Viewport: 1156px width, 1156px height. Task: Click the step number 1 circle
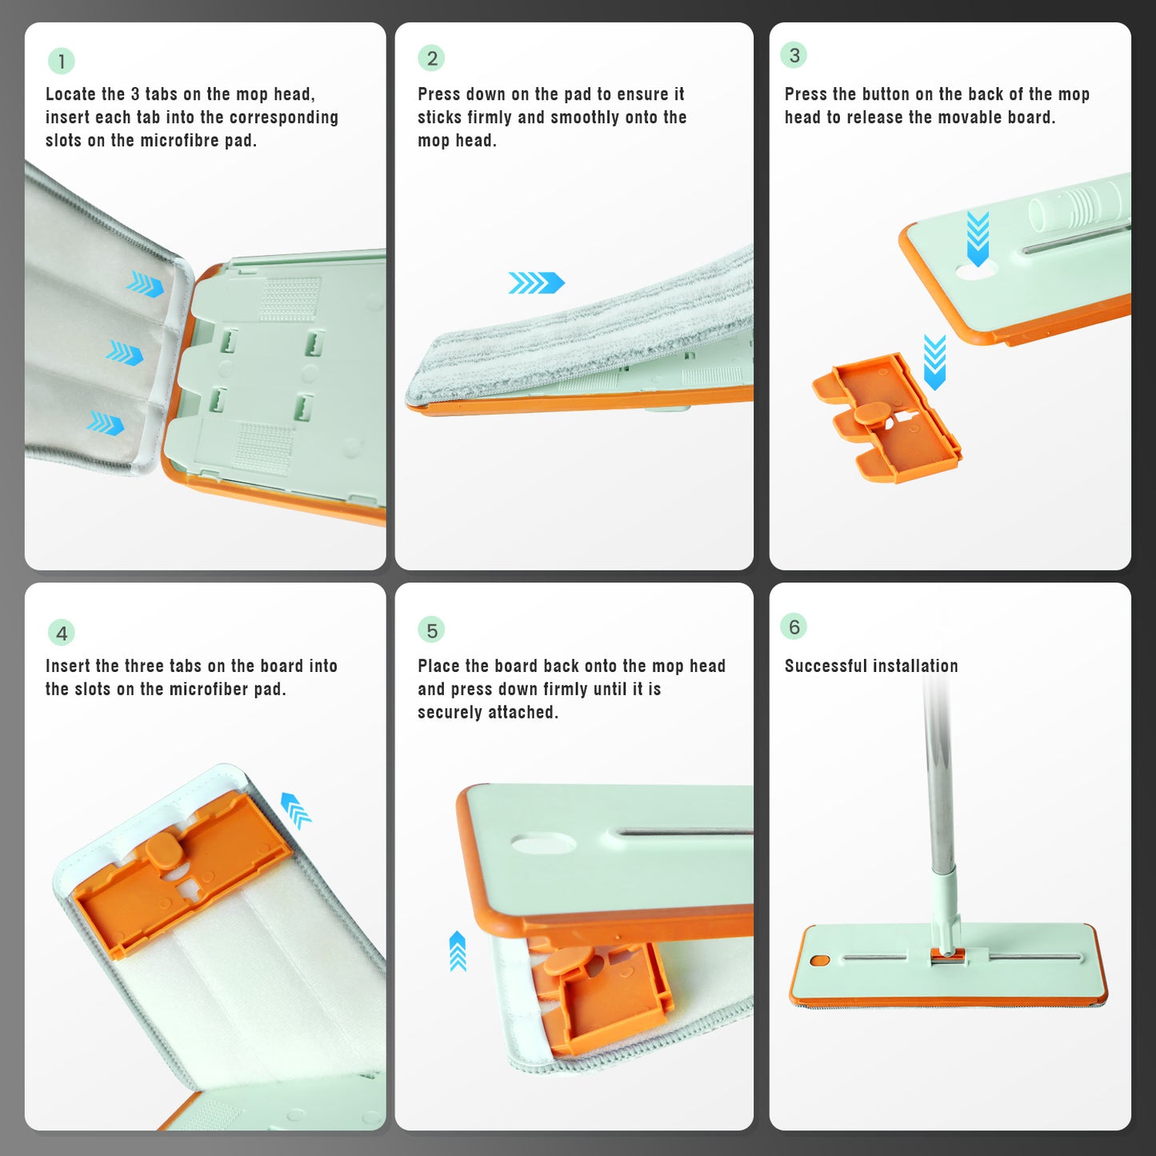(x=62, y=61)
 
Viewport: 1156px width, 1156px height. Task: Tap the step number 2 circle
(x=432, y=58)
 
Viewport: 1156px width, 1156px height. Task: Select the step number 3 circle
(x=794, y=55)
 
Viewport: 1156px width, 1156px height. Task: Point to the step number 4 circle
(x=62, y=633)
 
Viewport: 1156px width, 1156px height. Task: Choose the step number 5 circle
(x=432, y=630)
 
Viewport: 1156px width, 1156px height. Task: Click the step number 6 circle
(x=794, y=626)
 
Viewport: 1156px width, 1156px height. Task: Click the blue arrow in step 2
(x=536, y=282)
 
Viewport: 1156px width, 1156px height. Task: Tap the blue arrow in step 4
(x=296, y=809)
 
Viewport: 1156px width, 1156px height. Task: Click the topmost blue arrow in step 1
(x=146, y=284)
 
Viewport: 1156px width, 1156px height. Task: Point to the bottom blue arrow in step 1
(x=106, y=423)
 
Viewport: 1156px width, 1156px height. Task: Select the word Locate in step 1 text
(x=74, y=94)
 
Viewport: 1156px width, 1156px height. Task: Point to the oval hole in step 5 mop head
(x=543, y=843)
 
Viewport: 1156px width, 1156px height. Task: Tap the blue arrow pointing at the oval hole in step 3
(x=978, y=238)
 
